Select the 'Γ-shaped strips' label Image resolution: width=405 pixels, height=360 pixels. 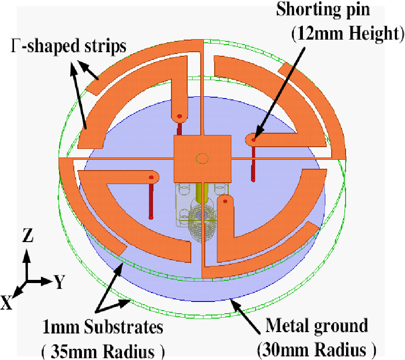[67, 46]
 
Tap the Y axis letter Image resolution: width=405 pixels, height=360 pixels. [58, 282]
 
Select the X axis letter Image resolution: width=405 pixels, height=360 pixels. [7, 304]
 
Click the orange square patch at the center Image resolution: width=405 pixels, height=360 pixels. [202, 157]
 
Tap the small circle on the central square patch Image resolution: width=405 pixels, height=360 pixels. [202, 158]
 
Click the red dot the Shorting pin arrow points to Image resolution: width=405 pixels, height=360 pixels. [253, 139]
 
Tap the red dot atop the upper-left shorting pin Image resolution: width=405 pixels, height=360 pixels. [179, 117]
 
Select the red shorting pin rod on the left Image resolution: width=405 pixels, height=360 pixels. [151, 198]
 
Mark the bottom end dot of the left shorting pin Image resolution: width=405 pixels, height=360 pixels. [151, 217]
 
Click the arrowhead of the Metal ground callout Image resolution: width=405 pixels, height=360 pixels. [233, 301]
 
